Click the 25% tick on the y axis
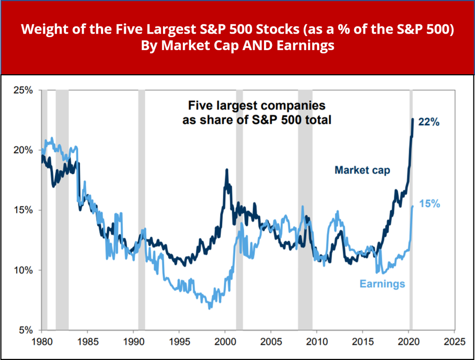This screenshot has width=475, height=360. pyautogui.click(x=23, y=90)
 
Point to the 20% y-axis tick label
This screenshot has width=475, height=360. pyautogui.click(x=23, y=150)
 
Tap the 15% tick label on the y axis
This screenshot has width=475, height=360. pyautogui.click(x=23, y=210)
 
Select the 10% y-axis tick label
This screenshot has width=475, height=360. pyautogui.click(x=23, y=270)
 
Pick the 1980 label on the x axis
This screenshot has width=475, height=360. pyautogui.click(x=42, y=342)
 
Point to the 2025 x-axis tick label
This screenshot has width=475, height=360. pyautogui.click(x=454, y=342)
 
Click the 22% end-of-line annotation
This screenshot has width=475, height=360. pyautogui.click(x=429, y=122)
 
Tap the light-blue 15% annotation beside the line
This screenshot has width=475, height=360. pyautogui.click(x=429, y=204)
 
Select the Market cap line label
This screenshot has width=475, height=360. pyautogui.click(x=362, y=170)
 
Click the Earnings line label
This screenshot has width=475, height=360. pyautogui.click(x=382, y=284)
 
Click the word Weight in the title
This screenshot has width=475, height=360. pyautogui.click(x=41, y=29)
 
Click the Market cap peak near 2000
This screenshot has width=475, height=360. pyautogui.click(x=227, y=170)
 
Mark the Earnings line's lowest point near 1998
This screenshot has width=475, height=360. pyautogui.click(x=210, y=308)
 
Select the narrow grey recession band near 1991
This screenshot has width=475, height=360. pyautogui.click(x=142, y=208)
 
